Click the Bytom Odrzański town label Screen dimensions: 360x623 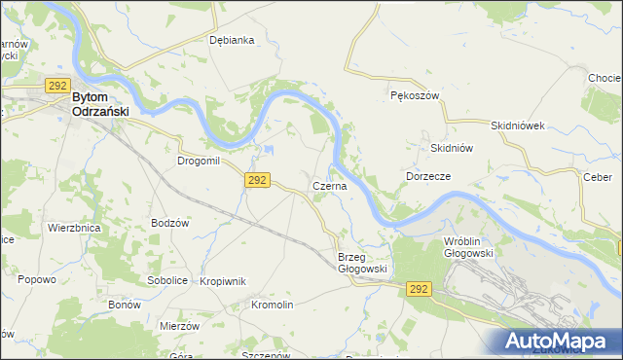pyautogui.click(x=101, y=104)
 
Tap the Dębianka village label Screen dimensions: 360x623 pyautogui.click(x=232, y=40)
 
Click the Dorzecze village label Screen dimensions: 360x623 pyautogui.click(x=426, y=176)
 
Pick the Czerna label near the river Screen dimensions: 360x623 pyautogui.click(x=329, y=185)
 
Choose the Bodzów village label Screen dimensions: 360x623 pyautogui.click(x=169, y=223)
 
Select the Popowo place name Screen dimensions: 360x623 pyautogui.click(x=37, y=279)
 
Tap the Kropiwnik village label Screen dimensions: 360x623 pyautogui.click(x=222, y=281)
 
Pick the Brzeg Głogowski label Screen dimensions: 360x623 pyautogui.click(x=362, y=263)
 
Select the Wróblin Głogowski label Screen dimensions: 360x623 pyautogui.click(x=468, y=246)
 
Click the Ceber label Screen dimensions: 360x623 pyautogui.click(x=596, y=177)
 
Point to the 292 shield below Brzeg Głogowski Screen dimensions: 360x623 pyautogui.click(x=419, y=289)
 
